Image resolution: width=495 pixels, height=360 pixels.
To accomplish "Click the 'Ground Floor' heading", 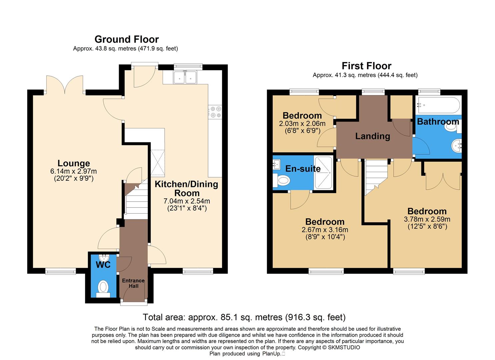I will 127,39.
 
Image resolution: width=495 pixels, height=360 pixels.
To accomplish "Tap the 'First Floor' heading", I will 366,66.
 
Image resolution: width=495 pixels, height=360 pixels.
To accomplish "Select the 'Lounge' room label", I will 74,163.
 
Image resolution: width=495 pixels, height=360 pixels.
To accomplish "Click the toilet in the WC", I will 103,288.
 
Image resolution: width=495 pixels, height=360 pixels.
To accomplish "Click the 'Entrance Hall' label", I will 133,283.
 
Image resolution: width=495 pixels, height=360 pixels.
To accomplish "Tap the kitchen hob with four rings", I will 215,112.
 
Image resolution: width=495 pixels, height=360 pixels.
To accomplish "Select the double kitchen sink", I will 185,77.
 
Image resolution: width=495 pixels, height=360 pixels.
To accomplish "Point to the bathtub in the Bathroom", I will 438,105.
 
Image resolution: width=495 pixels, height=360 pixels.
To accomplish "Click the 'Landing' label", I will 372,136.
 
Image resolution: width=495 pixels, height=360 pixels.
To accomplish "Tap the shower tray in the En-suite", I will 323,173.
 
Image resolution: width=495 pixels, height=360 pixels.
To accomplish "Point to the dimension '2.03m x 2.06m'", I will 302,124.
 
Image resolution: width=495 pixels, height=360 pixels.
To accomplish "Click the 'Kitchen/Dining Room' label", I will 186,188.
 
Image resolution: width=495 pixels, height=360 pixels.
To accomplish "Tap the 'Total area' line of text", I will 244,317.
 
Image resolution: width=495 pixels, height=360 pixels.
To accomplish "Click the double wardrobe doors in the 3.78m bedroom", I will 442,180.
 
